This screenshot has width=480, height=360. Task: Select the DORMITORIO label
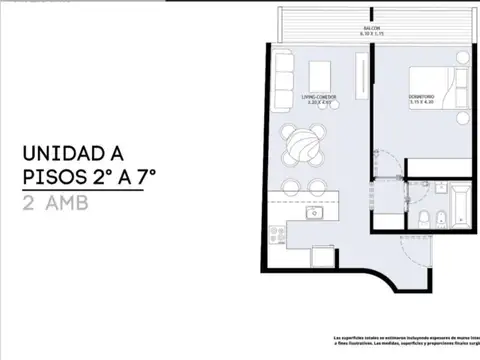coord(422,97)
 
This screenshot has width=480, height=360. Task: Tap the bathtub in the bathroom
coord(459,205)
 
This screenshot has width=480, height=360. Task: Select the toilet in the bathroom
coord(423,218)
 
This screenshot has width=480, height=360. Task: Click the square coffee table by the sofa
coord(320,75)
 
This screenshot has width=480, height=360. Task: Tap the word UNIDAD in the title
coord(58,154)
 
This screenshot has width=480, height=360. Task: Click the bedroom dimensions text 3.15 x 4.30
coord(422,103)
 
